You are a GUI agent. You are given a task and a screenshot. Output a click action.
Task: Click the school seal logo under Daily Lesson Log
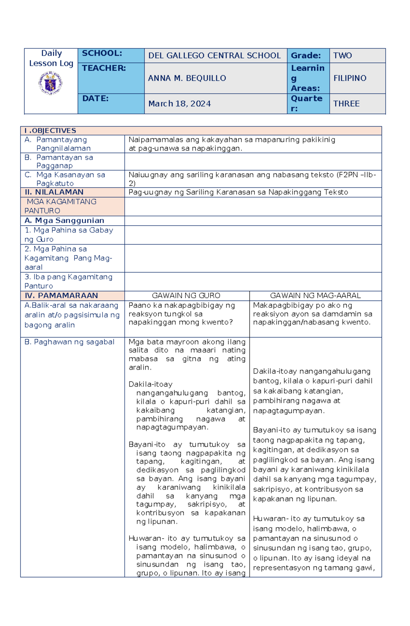pos(51,83)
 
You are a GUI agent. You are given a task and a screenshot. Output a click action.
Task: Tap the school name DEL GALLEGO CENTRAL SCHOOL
pos(214,56)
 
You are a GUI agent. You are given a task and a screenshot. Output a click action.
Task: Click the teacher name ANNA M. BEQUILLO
pos(187,78)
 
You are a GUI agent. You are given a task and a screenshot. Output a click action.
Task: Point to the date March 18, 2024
pos(179,104)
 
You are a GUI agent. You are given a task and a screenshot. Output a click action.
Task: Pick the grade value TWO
pos(342,56)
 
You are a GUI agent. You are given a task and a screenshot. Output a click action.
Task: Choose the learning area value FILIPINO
pos(350,78)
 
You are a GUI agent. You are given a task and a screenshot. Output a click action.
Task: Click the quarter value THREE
pos(346,104)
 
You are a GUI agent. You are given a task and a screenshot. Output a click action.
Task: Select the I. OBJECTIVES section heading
pos(50,131)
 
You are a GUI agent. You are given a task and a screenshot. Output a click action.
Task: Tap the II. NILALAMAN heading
pos(54,192)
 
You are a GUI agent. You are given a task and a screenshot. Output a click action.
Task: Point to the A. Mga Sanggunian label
pos(64,220)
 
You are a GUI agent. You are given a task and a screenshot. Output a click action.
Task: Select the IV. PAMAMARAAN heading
pos(61,295)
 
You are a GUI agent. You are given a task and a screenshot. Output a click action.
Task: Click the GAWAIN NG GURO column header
pos(186,295)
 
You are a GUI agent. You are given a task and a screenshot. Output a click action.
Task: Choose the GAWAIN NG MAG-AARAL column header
pos(315,295)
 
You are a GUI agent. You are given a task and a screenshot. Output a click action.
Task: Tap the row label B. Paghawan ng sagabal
pos(69,342)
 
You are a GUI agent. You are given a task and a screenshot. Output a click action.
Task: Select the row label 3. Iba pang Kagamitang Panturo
pos(68,281)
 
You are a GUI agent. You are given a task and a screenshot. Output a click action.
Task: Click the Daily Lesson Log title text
pos(51,58)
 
